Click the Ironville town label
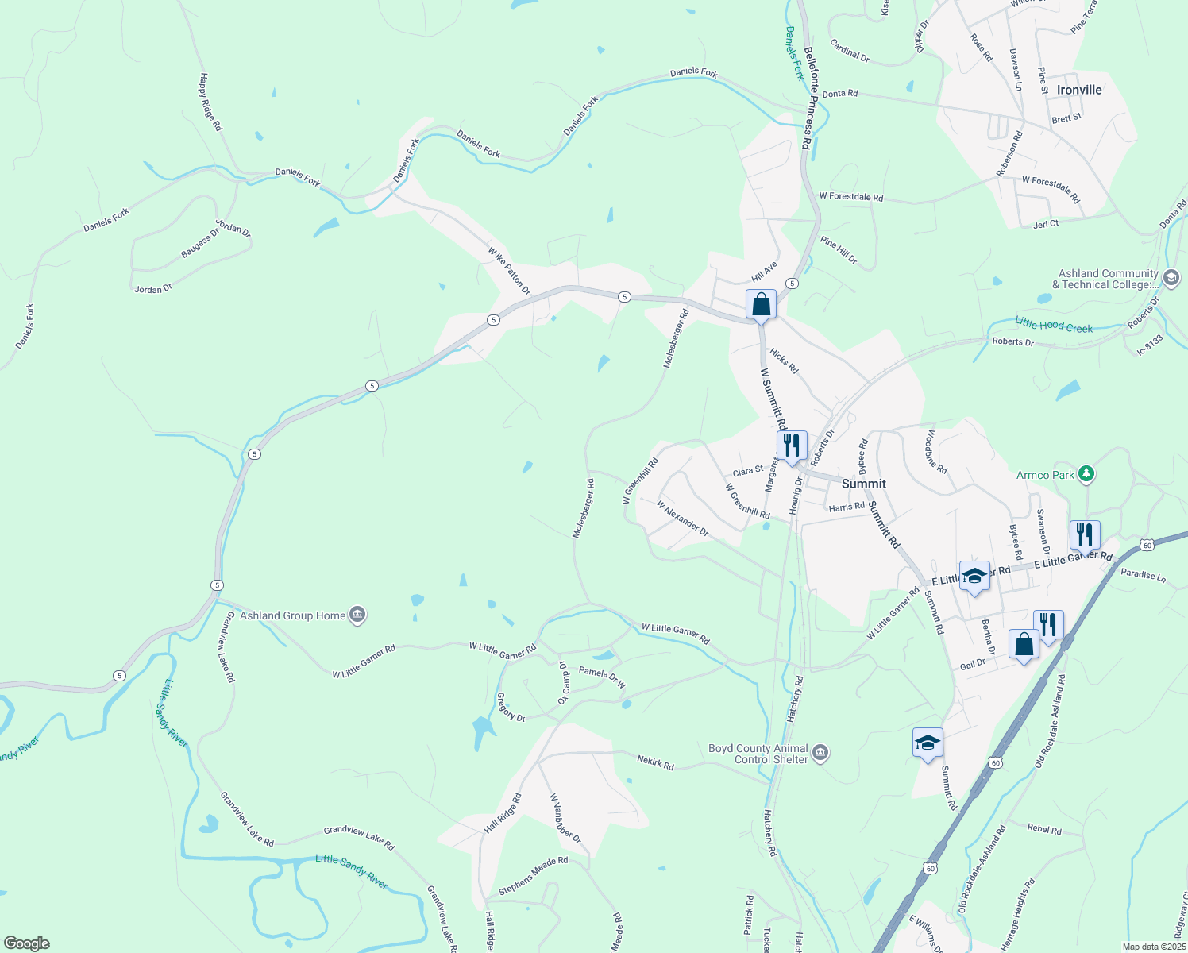point(1078,91)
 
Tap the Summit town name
point(863,484)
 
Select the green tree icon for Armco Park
point(1086,475)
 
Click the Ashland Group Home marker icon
point(357,615)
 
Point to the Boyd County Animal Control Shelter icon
point(820,753)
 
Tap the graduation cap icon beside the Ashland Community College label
point(1170,279)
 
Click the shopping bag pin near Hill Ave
point(761,305)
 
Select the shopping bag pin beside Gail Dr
point(1024,644)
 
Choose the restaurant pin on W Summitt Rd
point(791,446)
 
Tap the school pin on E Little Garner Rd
point(974,577)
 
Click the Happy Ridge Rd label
point(210,102)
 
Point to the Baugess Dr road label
point(199,242)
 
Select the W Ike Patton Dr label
point(509,271)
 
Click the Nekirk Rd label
point(655,762)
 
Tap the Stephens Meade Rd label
point(533,875)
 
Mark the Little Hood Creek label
point(1053,325)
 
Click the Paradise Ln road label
point(1143,575)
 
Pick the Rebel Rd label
point(1044,829)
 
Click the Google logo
point(26,943)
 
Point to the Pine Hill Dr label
point(839,249)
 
